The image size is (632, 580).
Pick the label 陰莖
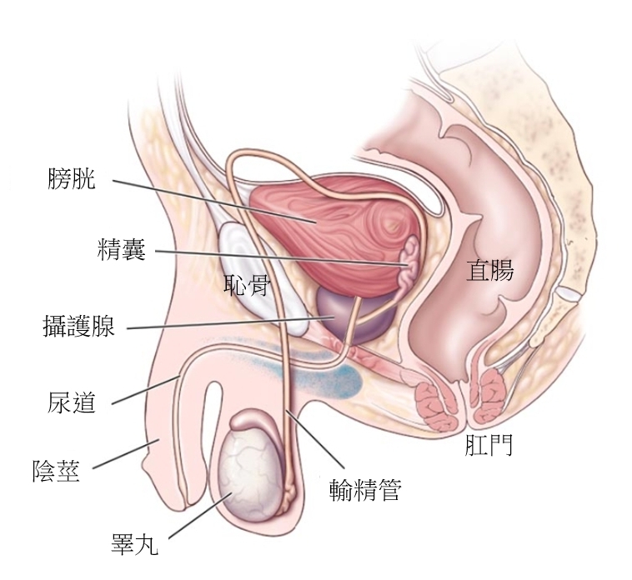click(57, 472)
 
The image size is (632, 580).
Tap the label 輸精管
click(364, 490)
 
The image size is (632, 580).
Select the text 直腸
click(489, 271)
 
